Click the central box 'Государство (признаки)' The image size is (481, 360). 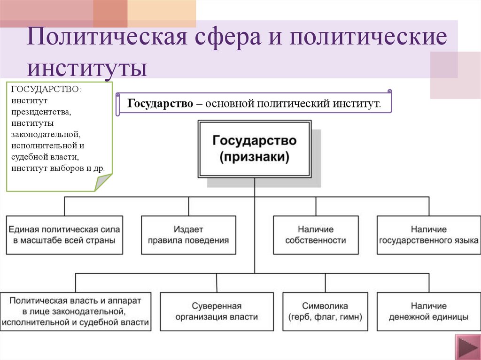tap(254, 148)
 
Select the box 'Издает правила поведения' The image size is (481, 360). tap(188, 235)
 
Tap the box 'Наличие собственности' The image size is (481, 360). tap(316, 235)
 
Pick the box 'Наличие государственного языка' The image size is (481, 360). tap(428, 235)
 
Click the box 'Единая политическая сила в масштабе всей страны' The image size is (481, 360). tap(64, 235)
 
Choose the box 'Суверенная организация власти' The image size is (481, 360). tap(217, 311)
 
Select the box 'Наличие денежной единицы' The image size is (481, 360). tap(428, 311)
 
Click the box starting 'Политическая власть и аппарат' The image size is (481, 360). tap(75, 311)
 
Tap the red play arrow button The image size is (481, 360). tap(467, 348)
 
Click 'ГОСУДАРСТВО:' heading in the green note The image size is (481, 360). tap(46, 89)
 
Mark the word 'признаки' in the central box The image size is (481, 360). tap(254, 157)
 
